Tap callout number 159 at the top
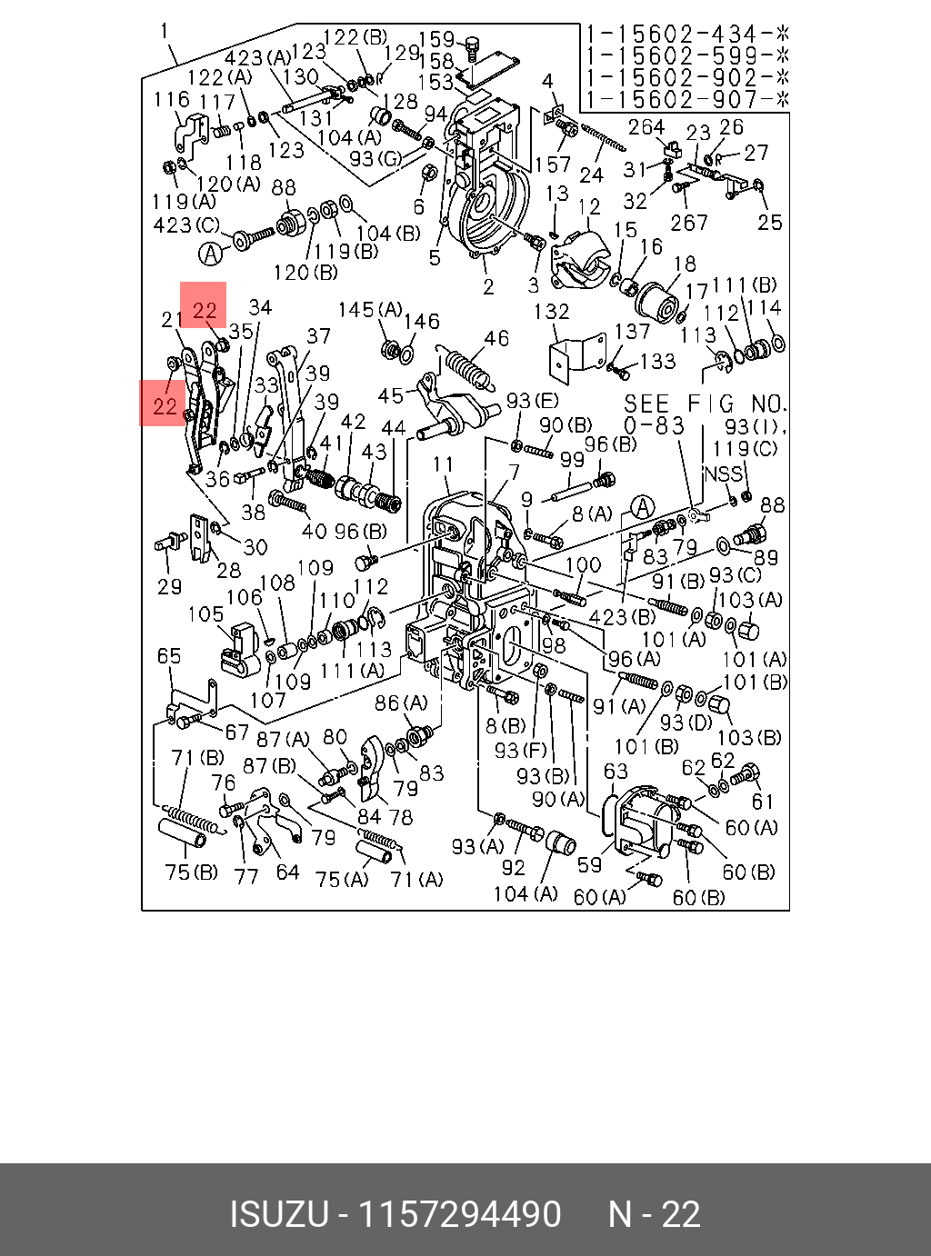436,40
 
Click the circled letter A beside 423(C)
210,253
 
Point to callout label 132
551,312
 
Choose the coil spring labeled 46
467,369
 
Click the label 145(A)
370,310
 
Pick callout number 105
206,613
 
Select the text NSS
723,473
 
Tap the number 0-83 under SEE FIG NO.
654,426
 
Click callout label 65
169,656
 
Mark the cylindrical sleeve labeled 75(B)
182,833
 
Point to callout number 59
589,864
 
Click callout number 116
172,100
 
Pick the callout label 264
646,127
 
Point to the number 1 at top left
165,31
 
